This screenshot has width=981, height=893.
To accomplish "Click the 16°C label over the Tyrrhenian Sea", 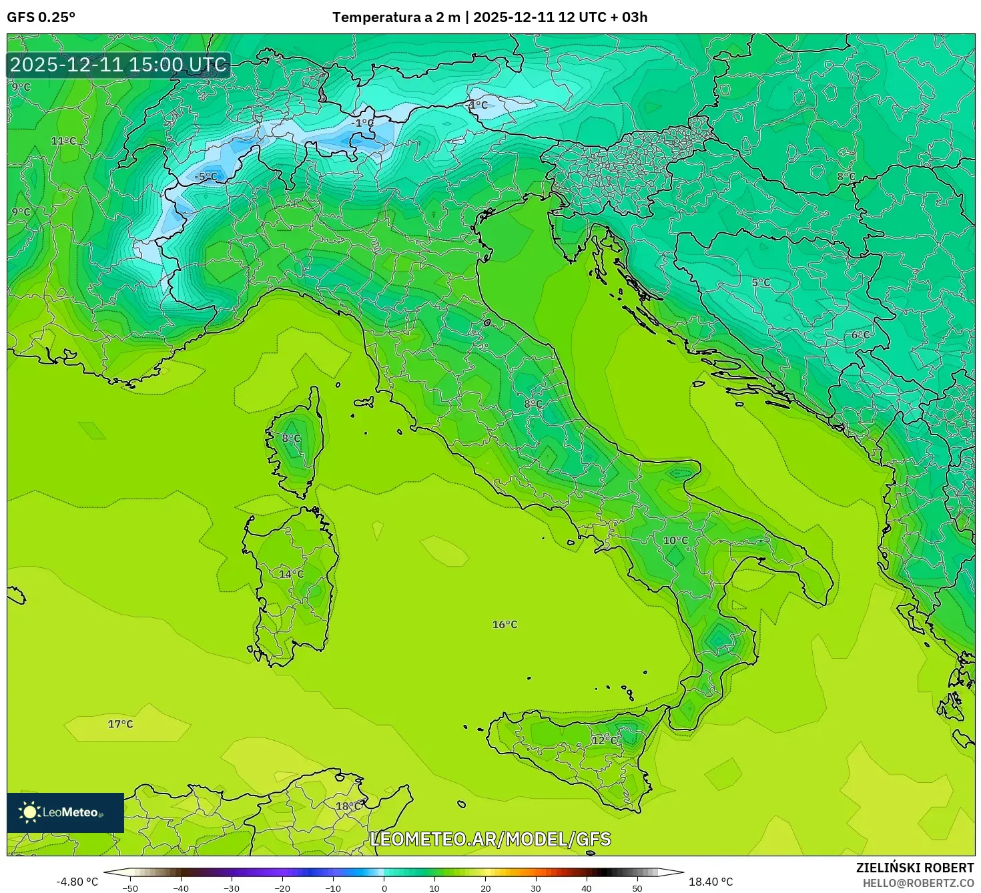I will point(505,625).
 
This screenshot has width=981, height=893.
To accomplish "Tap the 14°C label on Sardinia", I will point(291,574).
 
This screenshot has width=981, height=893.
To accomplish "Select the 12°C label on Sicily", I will point(605,740).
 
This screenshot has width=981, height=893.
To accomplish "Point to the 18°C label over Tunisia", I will point(348,806).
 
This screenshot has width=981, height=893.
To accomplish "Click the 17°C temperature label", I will point(120,724).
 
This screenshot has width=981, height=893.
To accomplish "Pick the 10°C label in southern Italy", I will point(675,541).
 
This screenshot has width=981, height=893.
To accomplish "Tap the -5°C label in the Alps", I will point(206,177).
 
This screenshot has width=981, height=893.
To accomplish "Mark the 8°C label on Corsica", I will point(291,438).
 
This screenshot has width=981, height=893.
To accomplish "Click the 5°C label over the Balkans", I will point(761,282).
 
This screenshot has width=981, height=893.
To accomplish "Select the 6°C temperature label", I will point(860,335).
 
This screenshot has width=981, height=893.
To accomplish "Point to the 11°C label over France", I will point(63,141).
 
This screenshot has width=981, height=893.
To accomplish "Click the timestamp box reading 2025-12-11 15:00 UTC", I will point(119,65).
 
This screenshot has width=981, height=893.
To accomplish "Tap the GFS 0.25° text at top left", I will point(41,17).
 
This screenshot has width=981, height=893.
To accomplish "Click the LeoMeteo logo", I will point(65,812).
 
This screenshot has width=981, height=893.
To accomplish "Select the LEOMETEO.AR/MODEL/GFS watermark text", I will point(490,839).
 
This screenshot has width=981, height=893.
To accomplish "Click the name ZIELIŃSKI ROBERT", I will point(914,868).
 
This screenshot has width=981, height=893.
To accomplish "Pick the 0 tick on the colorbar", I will point(384,888).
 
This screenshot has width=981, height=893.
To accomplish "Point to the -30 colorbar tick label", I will point(231,888).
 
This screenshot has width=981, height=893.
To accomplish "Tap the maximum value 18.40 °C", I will point(711,882).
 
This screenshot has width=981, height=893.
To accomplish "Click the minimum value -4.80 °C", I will point(77,882).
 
